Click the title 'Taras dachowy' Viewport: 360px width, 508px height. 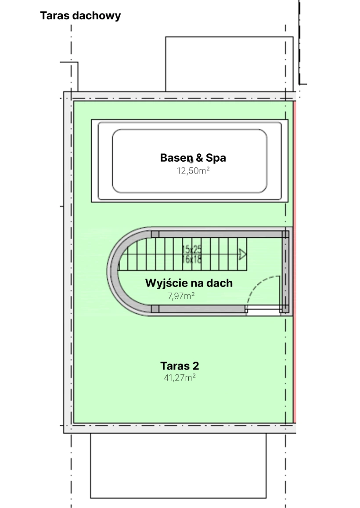(80, 16)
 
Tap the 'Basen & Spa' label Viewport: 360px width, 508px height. (193, 157)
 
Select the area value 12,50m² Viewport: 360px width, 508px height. (193, 171)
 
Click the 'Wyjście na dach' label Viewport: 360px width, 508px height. (189, 283)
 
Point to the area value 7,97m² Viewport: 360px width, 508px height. (181, 296)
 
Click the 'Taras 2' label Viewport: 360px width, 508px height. (180, 366)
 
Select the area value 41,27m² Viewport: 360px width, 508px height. (180, 377)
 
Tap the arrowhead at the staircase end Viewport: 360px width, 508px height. (242, 254)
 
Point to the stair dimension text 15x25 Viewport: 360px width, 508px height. (192, 250)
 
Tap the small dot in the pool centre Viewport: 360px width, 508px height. (191, 162)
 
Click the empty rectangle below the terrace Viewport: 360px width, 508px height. (178, 466)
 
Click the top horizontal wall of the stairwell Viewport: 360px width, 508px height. (220, 234)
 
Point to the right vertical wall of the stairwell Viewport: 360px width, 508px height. (286, 272)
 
